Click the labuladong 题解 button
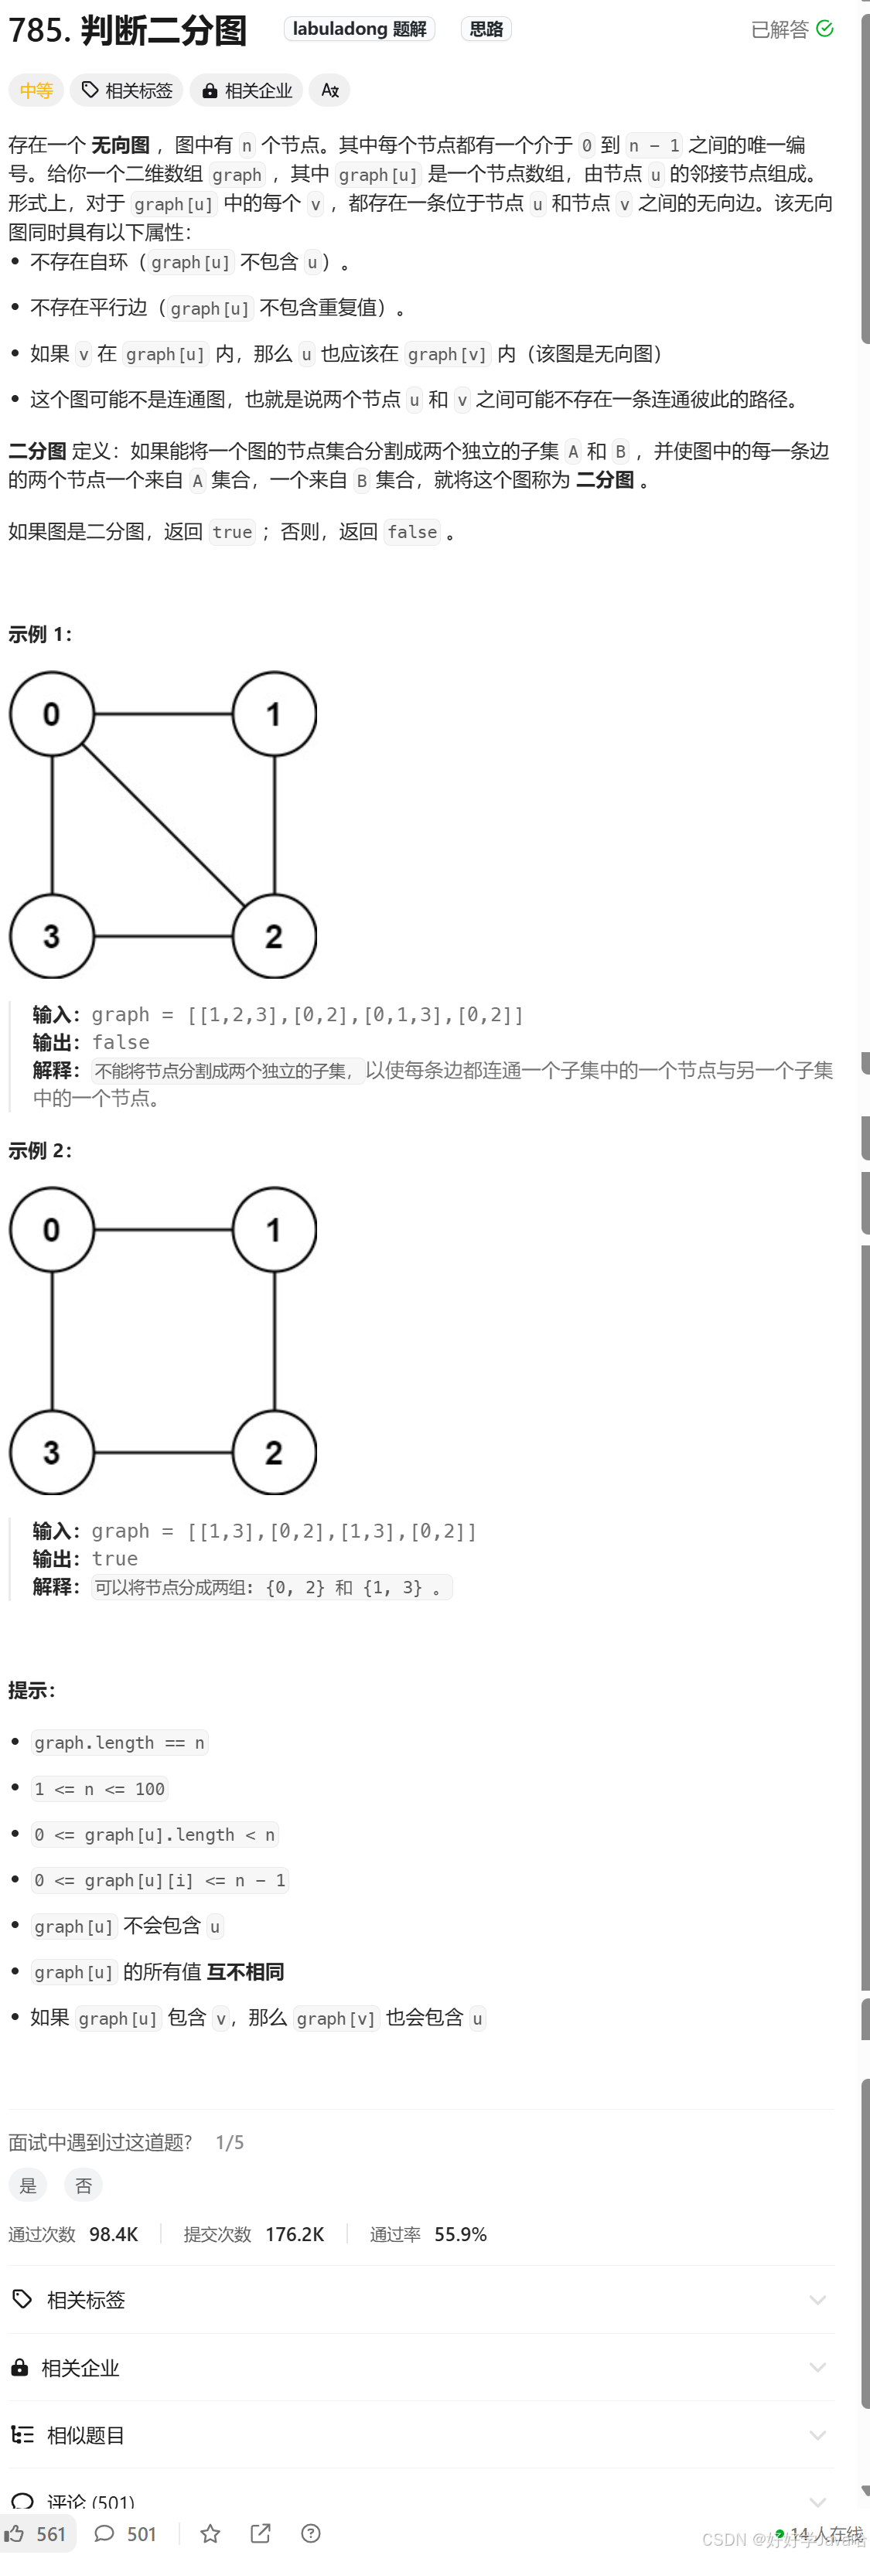359,29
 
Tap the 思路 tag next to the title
486,29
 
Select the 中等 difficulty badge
36,90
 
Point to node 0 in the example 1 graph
52,714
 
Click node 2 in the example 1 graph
274,936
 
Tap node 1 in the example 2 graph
274,1230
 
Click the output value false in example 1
121,1042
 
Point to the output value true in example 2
115,1559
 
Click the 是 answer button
28,2185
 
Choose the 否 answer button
84,2185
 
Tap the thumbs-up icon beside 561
15,2533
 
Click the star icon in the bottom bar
210,2533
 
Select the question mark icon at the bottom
311,2533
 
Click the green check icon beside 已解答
824,29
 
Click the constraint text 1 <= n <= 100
99,1788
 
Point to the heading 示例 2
39,1150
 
